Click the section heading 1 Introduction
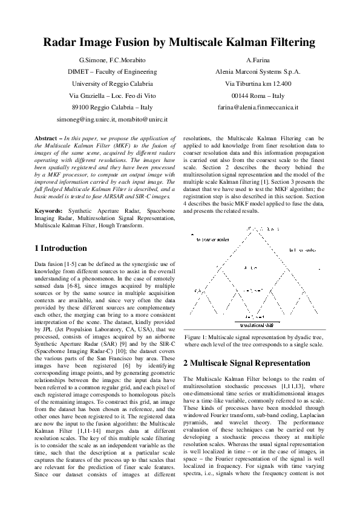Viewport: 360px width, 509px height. (x=61, y=248)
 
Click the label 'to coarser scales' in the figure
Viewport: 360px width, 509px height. (x=212, y=240)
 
